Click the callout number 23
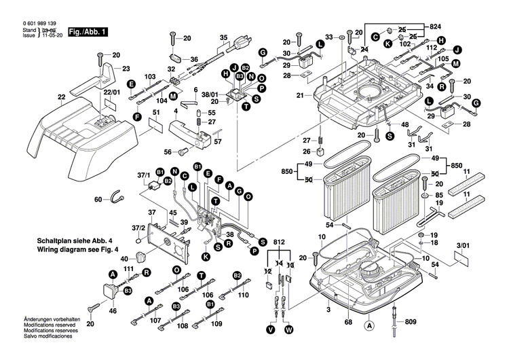126,69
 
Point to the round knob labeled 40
142,258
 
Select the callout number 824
435,26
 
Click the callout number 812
278,242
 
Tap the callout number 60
98,199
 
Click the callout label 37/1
144,175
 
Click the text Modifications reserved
53,325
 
